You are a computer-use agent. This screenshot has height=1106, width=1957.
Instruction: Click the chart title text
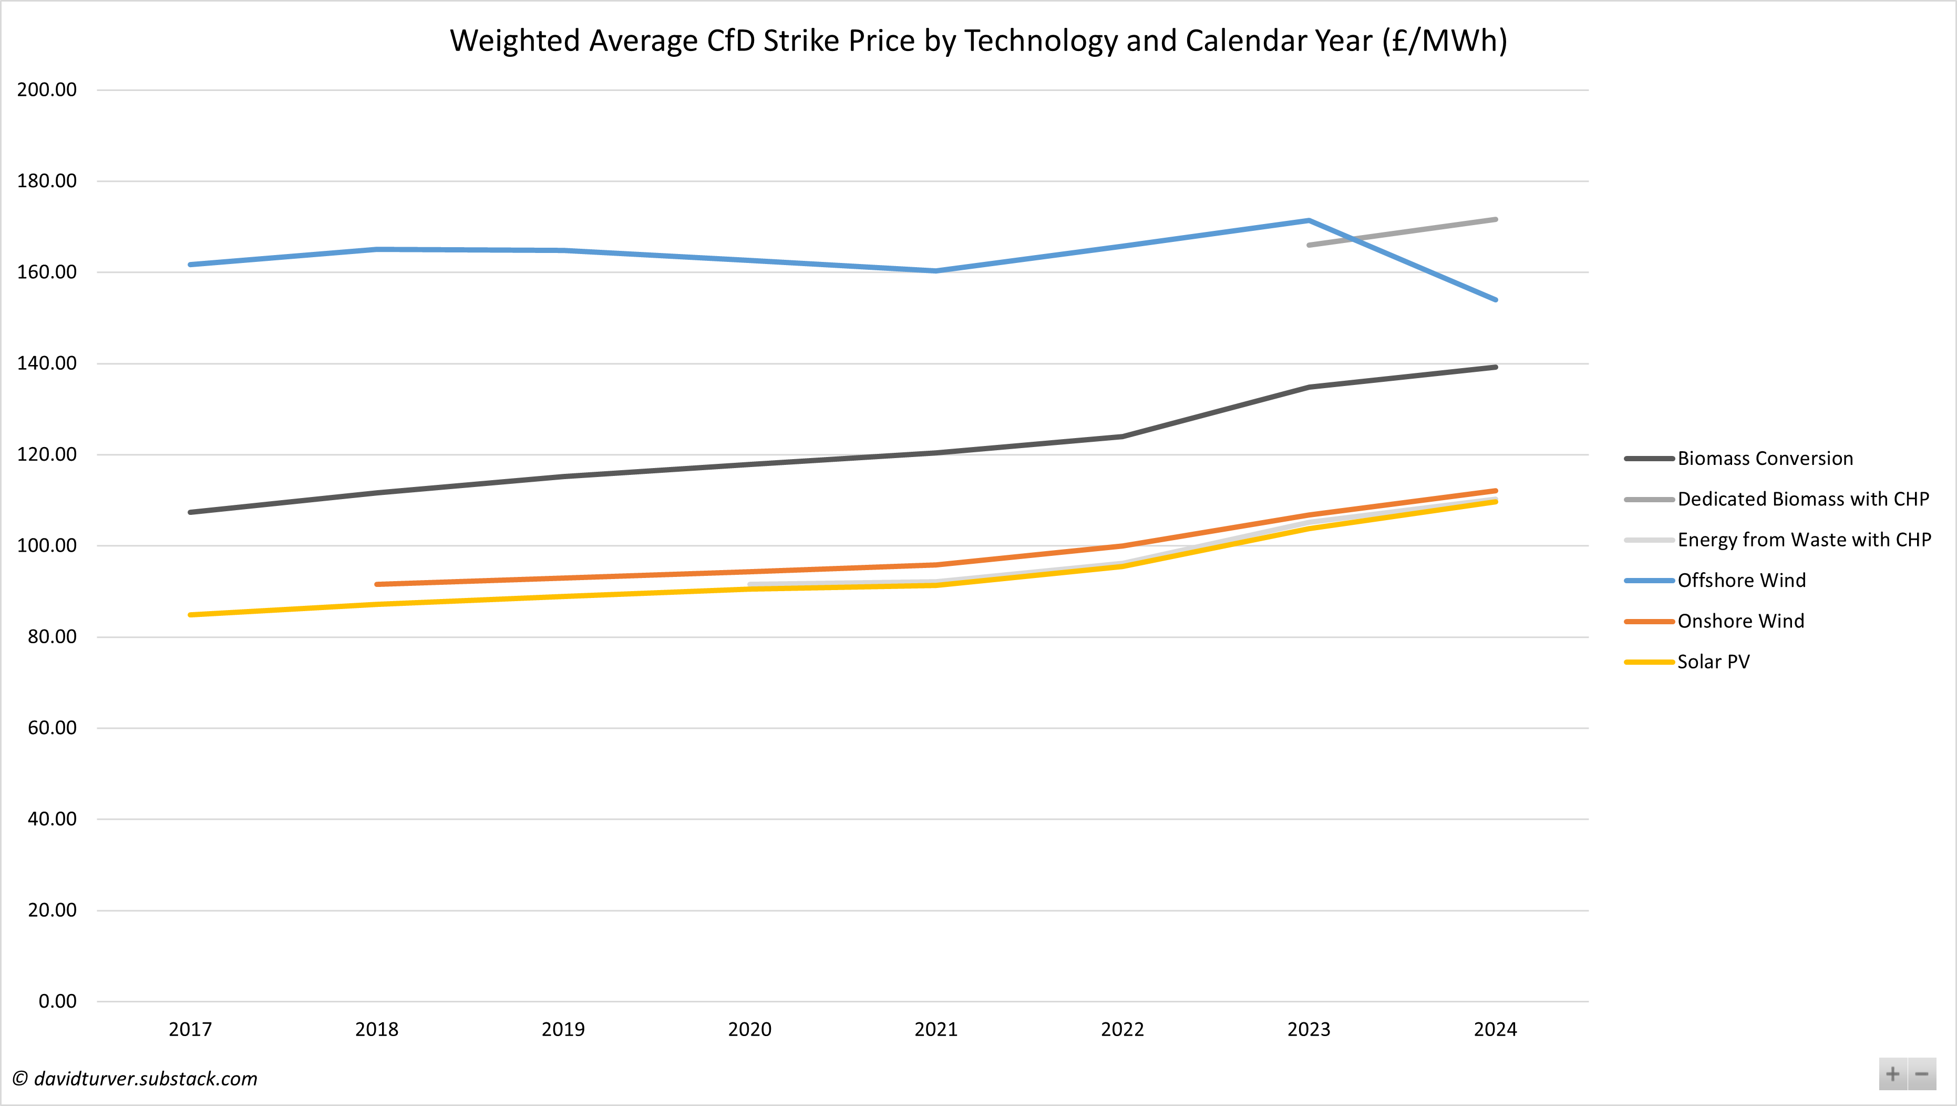pyautogui.click(x=978, y=41)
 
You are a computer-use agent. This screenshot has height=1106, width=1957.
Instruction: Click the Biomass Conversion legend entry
pyautogui.click(x=1765, y=459)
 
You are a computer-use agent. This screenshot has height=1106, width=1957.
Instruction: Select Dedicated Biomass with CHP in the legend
pyautogui.click(x=1803, y=500)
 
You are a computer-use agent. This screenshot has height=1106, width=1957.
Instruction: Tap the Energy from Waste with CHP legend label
pyautogui.click(x=1804, y=540)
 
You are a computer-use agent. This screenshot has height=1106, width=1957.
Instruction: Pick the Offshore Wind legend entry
pyautogui.click(x=1741, y=581)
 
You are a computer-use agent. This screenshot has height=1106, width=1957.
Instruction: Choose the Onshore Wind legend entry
pyautogui.click(x=1740, y=621)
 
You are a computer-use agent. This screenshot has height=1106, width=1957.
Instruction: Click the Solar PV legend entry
pyautogui.click(x=1713, y=662)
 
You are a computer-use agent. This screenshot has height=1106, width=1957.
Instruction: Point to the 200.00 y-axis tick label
pyautogui.click(x=47, y=90)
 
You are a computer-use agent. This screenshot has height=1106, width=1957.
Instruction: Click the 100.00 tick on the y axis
pyautogui.click(x=47, y=546)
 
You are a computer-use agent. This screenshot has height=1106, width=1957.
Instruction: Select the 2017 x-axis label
pyautogui.click(x=190, y=1029)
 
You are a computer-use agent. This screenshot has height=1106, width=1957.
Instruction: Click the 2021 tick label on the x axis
pyautogui.click(x=936, y=1029)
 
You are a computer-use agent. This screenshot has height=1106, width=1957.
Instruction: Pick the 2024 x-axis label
pyautogui.click(x=1495, y=1029)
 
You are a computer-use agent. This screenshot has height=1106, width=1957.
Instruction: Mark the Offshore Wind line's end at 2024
pyautogui.click(x=1495, y=299)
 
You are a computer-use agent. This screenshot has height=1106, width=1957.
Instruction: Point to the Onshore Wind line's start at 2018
pyautogui.click(x=377, y=584)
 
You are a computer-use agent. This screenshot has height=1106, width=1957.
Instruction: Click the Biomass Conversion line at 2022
pyautogui.click(x=1122, y=437)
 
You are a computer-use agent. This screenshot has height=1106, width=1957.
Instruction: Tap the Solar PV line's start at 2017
pyautogui.click(x=190, y=614)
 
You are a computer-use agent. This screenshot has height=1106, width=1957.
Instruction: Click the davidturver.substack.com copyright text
pyautogui.click(x=135, y=1079)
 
